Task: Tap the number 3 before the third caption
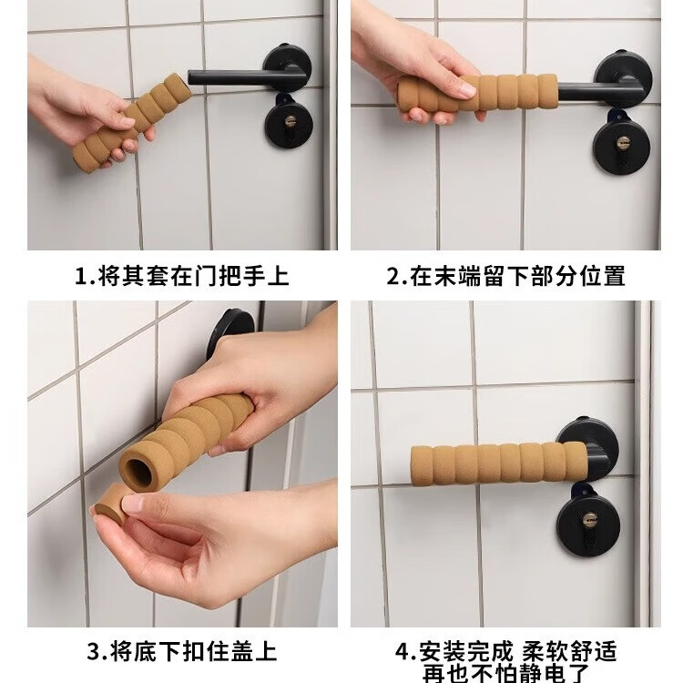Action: click(93, 653)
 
